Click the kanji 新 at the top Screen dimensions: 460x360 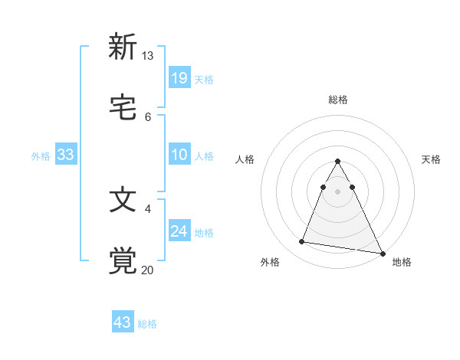coord(123,47)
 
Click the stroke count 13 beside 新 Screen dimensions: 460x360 coord(147,56)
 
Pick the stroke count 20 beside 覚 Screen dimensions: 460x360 coord(147,270)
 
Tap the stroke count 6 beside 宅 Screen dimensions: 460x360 coord(148,116)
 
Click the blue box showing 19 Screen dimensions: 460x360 coord(179,77)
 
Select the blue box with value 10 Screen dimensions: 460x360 coord(179,155)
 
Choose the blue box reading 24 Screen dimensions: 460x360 coord(179,231)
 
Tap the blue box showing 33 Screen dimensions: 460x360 coord(66,155)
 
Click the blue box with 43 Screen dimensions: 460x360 coord(123,322)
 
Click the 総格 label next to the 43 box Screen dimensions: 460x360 coord(147,324)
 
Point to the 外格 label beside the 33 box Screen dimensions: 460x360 coord(41,156)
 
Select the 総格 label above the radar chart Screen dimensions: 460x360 coord(338,100)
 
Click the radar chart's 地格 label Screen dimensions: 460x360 coord(402,263)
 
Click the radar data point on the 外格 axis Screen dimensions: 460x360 coord(302,242)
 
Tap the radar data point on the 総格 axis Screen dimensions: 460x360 coord(338,162)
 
